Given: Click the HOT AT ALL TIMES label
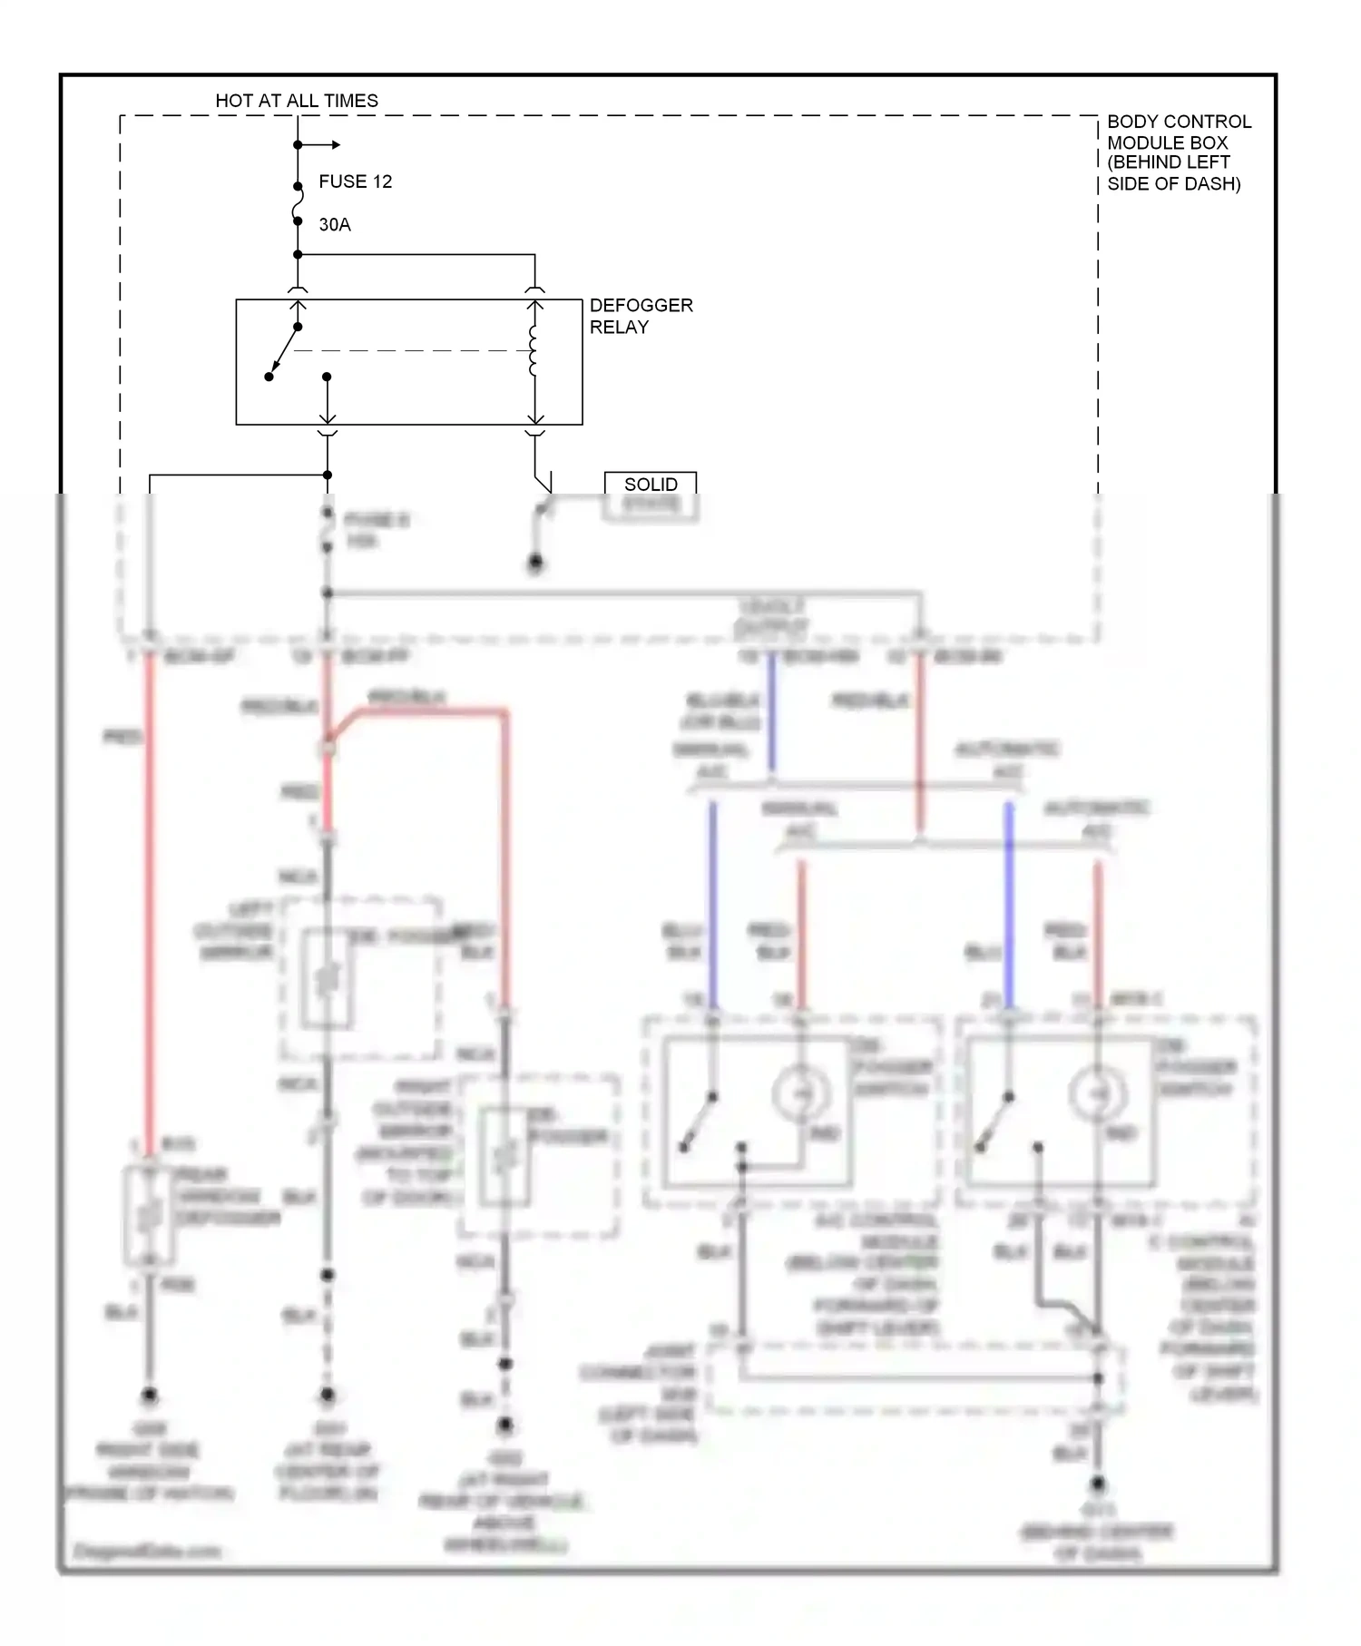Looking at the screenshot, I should (297, 101).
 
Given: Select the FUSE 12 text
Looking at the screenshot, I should (355, 181).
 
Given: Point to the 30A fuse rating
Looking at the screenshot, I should (334, 224).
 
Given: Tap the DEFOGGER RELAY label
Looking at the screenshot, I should (640, 316).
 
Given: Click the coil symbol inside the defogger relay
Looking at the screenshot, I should (534, 351).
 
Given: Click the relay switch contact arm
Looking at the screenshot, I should (284, 351).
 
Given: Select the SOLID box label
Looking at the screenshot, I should (651, 485).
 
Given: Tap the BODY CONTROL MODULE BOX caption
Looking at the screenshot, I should (1178, 152).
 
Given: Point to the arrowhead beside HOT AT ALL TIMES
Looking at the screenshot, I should (335, 145).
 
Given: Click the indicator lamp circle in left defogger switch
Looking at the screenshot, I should (800, 1094).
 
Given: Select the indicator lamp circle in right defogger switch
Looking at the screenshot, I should (1097, 1094).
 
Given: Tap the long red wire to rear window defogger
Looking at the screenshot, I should (150, 907).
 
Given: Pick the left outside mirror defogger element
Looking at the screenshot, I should (327, 980).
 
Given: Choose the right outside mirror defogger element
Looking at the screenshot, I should (504, 1157).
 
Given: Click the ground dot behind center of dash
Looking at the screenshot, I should (1097, 1484).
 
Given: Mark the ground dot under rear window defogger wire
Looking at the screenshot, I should (150, 1395).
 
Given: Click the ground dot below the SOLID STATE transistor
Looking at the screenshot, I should (535, 564).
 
